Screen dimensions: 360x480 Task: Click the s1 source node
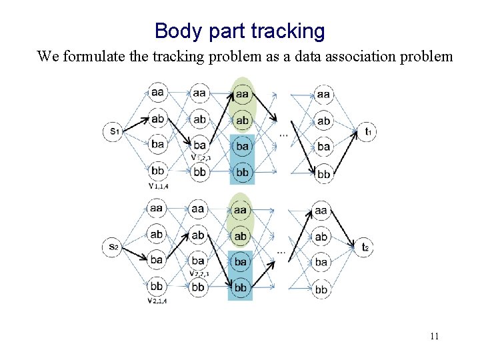(113, 131)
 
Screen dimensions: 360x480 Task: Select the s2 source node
(113, 247)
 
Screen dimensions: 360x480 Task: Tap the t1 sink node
(366, 131)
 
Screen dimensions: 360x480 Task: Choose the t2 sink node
(365, 247)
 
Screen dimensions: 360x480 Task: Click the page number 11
(434, 336)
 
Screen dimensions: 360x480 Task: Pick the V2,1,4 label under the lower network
(157, 301)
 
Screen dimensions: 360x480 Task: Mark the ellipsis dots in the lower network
(282, 252)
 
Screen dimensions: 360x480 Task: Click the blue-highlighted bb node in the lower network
(241, 287)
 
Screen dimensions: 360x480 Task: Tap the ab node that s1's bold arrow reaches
(157, 119)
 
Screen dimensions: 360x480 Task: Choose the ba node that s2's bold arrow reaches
(157, 260)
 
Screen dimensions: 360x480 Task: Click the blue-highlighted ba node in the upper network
(242, 146)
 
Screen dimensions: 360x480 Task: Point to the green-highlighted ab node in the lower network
(241, 236)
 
